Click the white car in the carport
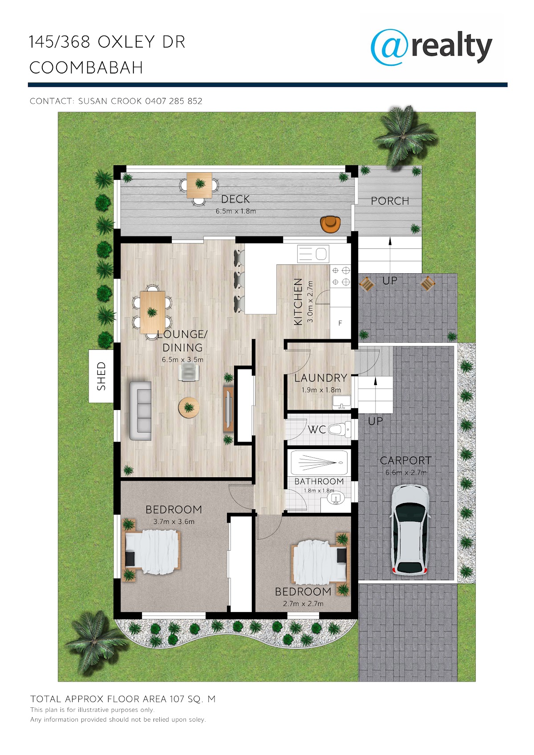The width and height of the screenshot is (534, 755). tap(409, 529)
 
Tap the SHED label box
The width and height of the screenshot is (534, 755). tap(101, 376)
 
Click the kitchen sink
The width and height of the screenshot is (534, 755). tap(313, 253)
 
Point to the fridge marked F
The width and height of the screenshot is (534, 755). tap(340, 323)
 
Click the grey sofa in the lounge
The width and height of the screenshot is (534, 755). tap(141, 410)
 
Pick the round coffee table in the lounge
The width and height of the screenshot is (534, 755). tap(189, 407)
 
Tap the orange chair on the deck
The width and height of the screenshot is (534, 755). tap(331, 224)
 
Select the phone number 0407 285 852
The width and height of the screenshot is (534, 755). tap(174, 101)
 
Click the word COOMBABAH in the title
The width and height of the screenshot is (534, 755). tap(86, 67)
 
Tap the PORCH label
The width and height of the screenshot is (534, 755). tap(390, 201)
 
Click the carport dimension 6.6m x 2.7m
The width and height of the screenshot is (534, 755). tap(406, 473)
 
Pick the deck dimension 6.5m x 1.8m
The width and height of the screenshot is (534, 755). tap(236, 211)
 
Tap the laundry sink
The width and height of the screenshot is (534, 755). tap(342, 402)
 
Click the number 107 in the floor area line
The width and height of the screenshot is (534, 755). tap(177, 699)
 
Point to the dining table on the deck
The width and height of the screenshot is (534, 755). tap(199, 185)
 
